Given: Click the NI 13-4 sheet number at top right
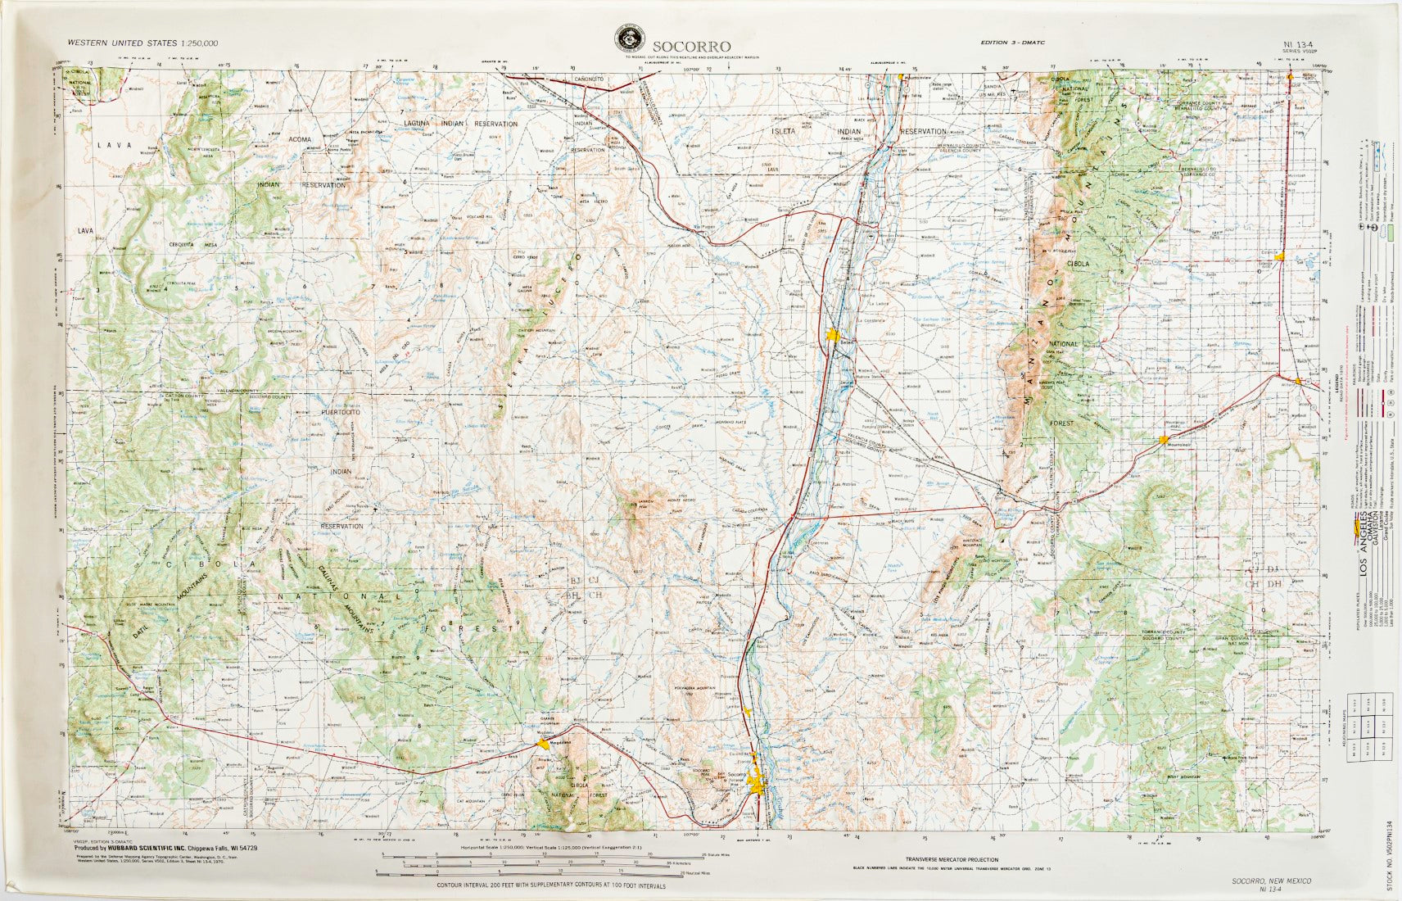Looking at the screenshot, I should (x=1300, y=43).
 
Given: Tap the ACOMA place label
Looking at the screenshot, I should (x=299, y=140).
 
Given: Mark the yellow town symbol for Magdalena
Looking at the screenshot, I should (x=543, y=743).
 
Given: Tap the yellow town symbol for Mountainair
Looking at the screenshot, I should (x=1163, y=440).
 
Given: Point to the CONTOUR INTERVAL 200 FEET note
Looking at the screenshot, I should (x=540, y=885).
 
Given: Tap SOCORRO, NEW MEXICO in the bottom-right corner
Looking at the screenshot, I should (x=1270, y=881).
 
